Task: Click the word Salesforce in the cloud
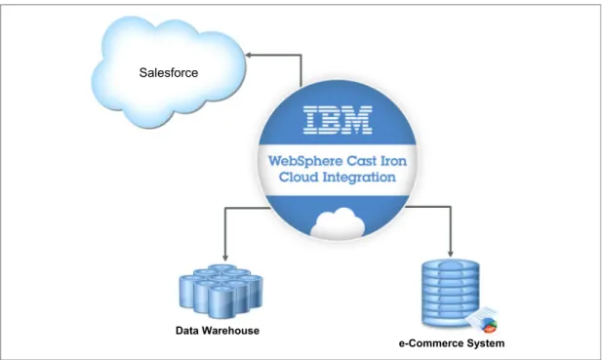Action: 169,72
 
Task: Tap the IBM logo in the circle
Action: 338,120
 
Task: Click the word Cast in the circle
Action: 360,160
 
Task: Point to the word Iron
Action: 393,160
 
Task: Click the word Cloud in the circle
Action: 298,177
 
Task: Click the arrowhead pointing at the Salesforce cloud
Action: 249,55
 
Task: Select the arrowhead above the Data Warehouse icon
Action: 225,258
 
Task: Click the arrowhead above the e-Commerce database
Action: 451,254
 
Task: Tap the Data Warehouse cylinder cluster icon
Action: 221,291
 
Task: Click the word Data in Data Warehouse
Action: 187,331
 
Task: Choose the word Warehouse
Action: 230,331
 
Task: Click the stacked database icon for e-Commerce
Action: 451,294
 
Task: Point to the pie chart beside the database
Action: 489,325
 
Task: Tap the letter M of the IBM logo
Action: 357,120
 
